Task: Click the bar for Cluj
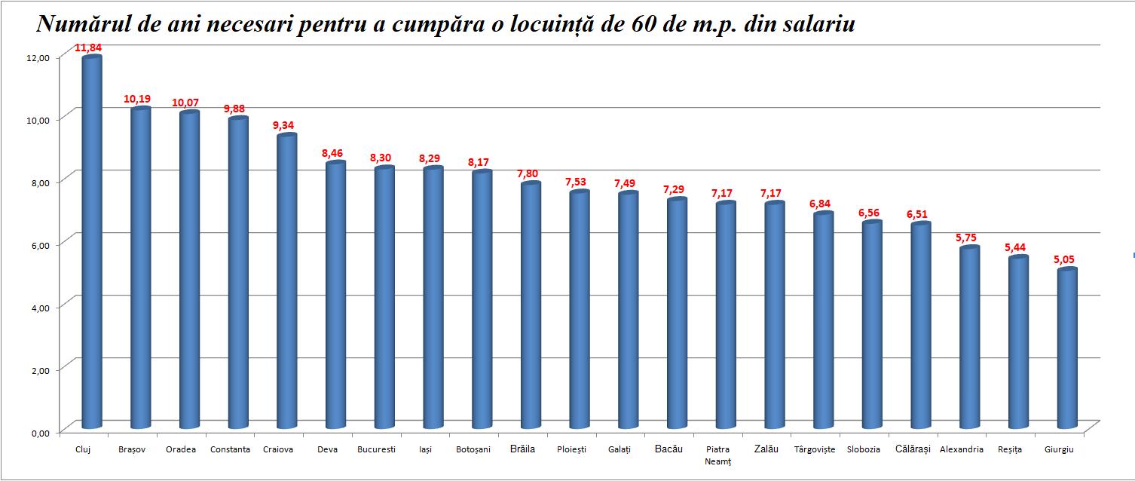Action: pos(91,241)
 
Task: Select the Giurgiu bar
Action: pos(1066,347)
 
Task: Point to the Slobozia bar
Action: pos(872,324)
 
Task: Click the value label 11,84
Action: pos(88,48)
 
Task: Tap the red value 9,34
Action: pos(285,126)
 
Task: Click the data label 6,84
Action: pos(822,204)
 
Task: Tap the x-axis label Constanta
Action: pos(230,449)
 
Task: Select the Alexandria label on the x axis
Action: pos(961,449)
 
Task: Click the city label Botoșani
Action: pos(473,449)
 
